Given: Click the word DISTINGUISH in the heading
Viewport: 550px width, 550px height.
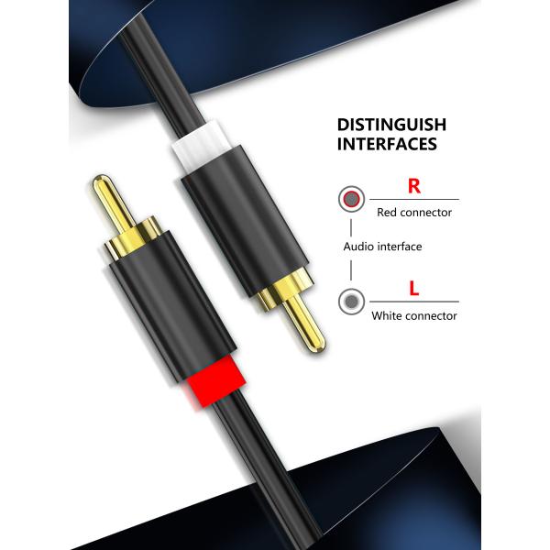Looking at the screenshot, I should coord(391,124).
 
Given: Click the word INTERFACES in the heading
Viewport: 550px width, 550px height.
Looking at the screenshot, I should coord(386,144).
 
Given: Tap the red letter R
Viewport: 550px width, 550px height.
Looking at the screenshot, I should coord(413,186).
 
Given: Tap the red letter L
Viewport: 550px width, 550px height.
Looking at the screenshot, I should coord(414,290).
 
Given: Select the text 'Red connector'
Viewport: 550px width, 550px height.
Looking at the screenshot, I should coord(414,212).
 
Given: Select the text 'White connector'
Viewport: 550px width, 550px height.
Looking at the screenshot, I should coord(414,316).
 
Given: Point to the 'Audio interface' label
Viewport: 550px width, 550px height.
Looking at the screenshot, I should coord(382,247).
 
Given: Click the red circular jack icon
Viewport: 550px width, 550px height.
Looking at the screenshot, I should coord(349,199).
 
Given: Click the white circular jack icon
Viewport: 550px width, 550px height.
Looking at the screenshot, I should coord(349,302).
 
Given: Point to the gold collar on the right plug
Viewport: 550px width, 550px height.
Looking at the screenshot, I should coord(279,295).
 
